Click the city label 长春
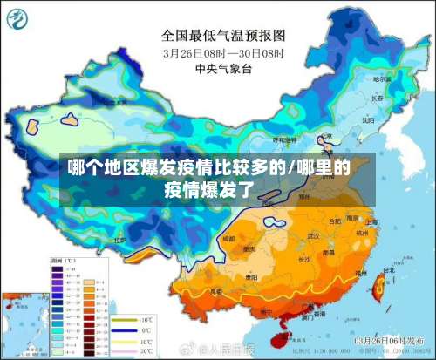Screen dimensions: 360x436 click(x=377, y=98)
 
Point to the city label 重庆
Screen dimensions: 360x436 click(x=250, y=248)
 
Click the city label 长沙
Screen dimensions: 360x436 click(x=304, y=259)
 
